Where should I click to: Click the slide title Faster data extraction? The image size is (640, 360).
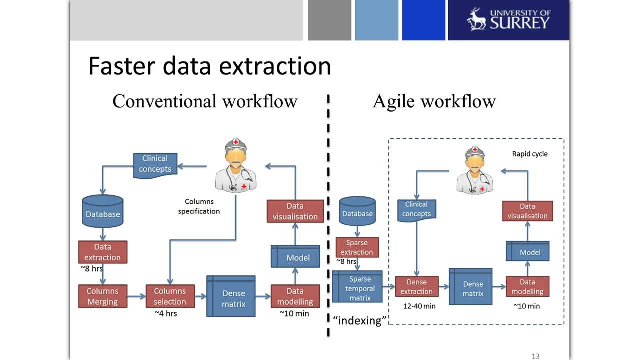click(x=209, y=66)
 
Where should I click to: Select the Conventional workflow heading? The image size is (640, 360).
click(x=205, y=101)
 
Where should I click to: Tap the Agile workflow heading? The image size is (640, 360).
click(x=434, y=101)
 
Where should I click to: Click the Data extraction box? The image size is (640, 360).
click(x=103, y=252)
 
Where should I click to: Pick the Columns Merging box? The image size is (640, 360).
click(x=103, y=296)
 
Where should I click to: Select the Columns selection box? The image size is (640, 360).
click(x=170, y=296)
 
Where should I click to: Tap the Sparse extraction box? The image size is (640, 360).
click(x=357, y=247)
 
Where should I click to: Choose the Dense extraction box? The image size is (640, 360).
click(x=416, y=287)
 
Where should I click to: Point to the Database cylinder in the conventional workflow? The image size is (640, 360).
click(x=103, y=212)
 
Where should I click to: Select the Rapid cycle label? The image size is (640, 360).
click(x=530, y=154)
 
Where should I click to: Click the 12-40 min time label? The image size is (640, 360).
click(x=419, y=306)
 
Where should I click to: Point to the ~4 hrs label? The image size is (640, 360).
click(x=165, y=314)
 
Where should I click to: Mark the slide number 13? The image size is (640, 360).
click(x=535, y=356)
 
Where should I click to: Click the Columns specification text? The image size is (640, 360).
click(x=199, y=206)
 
